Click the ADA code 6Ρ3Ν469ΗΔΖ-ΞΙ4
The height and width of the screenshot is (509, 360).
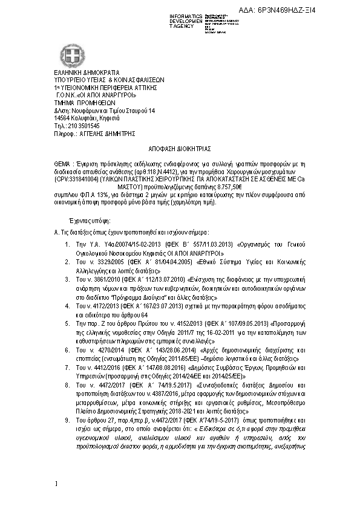point(314,10)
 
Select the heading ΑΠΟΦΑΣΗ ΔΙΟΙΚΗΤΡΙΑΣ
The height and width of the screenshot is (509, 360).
point(180,148)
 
